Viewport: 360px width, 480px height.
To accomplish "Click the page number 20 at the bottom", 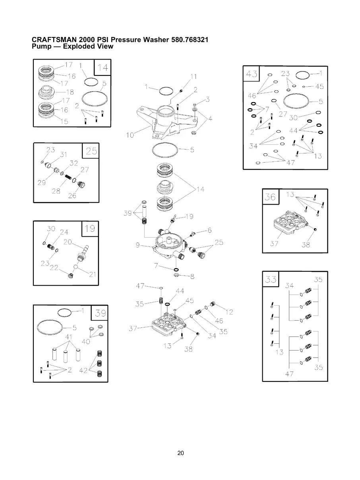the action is pos(180,453).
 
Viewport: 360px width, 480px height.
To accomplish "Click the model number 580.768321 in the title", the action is pos(190,40).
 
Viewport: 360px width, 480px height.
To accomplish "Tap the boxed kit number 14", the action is pos(103,68).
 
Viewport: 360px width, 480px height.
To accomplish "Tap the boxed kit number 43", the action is pos(252,74).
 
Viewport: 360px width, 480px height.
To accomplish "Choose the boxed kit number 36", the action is pos(270,197).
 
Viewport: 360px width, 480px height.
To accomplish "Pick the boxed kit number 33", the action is pos(271,279).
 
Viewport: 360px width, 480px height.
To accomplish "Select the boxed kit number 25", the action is pos(91,151).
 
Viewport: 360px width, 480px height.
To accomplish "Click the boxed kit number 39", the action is pos(101,313).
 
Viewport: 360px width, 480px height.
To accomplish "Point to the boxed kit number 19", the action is pos(90,229).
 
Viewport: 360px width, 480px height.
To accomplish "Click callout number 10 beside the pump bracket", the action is pos(130,135).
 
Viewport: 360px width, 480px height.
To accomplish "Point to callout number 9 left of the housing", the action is pos(137,245).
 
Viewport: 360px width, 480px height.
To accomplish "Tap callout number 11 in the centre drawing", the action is pos(194,77).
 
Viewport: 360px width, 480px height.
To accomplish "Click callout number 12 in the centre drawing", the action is pos(229,312).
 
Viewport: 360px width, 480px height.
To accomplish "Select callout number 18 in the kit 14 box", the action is pos(70,92).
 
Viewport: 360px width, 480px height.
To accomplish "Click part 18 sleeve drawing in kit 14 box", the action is pos(46,92).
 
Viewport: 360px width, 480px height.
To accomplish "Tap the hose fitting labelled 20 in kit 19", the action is pos(83,253).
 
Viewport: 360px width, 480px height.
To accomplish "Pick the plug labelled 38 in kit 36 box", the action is pos(315,229).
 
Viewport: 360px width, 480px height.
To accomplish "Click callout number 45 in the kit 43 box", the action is pos(319,87).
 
